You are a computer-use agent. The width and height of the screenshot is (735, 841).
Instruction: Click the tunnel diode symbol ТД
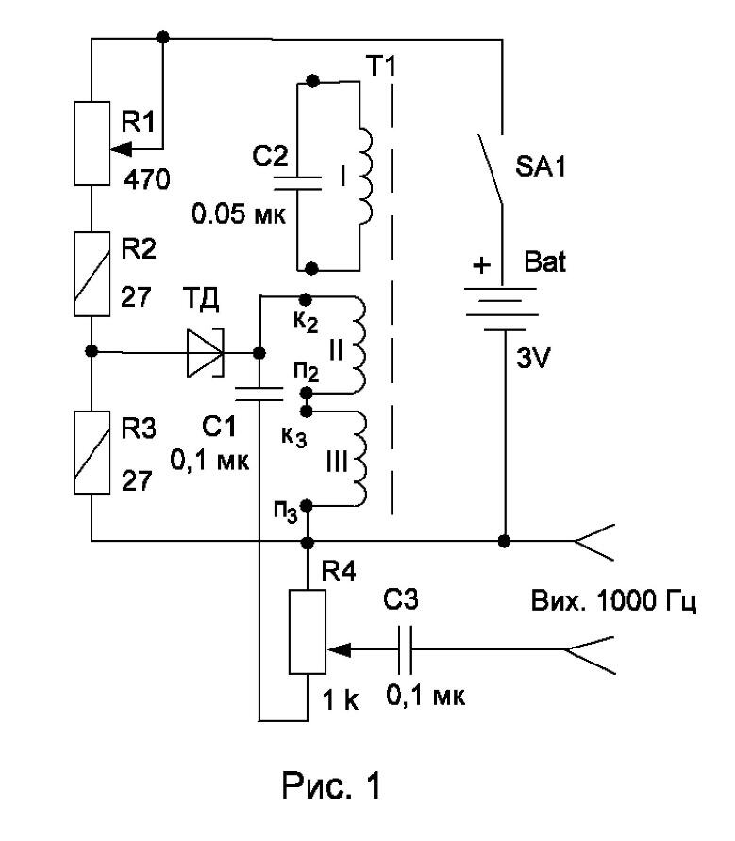(206, 353)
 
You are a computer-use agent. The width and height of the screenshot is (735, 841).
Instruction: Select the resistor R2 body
(92, 274)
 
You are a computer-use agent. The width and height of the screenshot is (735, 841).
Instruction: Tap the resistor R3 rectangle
(92, 452)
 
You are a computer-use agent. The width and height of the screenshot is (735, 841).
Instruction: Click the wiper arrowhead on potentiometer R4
(338, 650)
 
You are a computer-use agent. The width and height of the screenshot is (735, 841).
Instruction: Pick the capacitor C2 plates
(297, 182)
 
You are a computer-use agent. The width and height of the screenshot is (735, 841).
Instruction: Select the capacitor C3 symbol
(406, 649)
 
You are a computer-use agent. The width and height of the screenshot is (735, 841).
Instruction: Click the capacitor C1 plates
(259, 394)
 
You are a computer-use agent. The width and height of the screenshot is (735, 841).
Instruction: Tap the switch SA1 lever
(491, 168)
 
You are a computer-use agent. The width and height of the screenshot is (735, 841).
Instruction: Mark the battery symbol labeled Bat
(501, 309)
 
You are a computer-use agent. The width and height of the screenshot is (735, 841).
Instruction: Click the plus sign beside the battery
(481, 265)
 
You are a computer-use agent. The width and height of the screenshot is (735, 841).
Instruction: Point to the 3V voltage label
(533, 359)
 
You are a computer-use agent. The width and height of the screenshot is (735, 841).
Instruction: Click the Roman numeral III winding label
(337, 462)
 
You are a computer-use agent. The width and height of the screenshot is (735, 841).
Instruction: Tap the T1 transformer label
(382, 65)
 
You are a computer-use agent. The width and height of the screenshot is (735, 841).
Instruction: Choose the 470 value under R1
(147, 179)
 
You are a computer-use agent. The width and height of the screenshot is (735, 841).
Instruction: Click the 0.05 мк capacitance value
(239, 214)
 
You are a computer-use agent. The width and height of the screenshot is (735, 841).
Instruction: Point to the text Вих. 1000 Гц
(614, 601)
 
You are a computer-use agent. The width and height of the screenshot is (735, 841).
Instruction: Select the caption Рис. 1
(331, 785)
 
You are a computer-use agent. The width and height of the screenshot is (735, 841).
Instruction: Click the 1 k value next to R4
(341, 699)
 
